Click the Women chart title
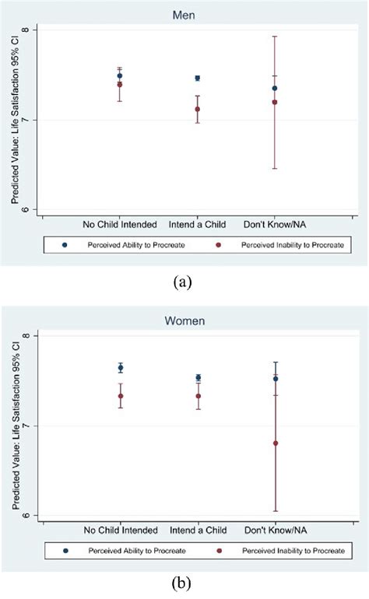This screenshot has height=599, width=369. pos(184,320)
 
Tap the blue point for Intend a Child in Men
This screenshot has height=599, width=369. pos(197,78)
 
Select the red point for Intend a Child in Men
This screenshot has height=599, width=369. pos(197,109)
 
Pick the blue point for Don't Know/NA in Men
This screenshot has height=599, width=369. pos(275,88)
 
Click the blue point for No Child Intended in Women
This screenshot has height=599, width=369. pos(121,367)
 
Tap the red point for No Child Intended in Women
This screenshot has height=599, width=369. pos(121,396)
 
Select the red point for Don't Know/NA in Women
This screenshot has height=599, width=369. pos(275,443)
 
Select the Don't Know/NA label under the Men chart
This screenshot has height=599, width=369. pos(274,224)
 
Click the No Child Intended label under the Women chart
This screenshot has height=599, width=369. pos(120,529)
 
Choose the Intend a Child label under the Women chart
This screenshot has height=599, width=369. pos(198,529)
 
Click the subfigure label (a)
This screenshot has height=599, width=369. pos(184,282)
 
